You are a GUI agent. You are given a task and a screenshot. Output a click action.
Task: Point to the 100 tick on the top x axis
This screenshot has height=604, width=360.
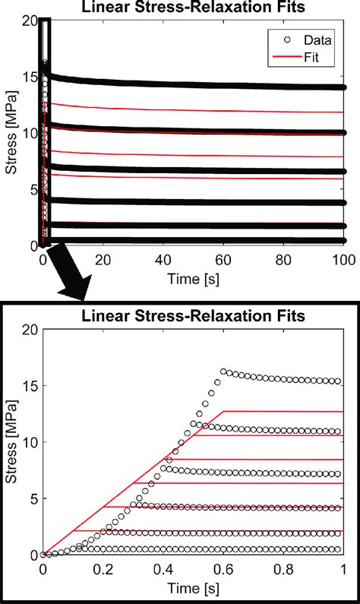coord(343,259)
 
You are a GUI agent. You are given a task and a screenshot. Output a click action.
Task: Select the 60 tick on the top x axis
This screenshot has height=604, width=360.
coord(223,259)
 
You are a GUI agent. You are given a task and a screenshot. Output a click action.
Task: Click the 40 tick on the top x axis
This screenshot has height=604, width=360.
coord(163,259)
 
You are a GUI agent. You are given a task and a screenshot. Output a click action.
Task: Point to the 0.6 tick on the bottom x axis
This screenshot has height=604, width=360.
coord(223,568)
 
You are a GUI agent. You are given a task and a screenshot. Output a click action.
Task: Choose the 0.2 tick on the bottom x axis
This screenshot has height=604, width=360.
coord(103,568)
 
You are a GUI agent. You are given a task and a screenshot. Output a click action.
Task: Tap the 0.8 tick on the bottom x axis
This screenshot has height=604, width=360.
coord(283,568)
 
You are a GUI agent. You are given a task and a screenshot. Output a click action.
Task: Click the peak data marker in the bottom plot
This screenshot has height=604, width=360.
coord(223,372)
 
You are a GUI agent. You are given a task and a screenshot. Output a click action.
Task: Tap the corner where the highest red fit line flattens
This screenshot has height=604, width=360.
coord(224,411)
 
